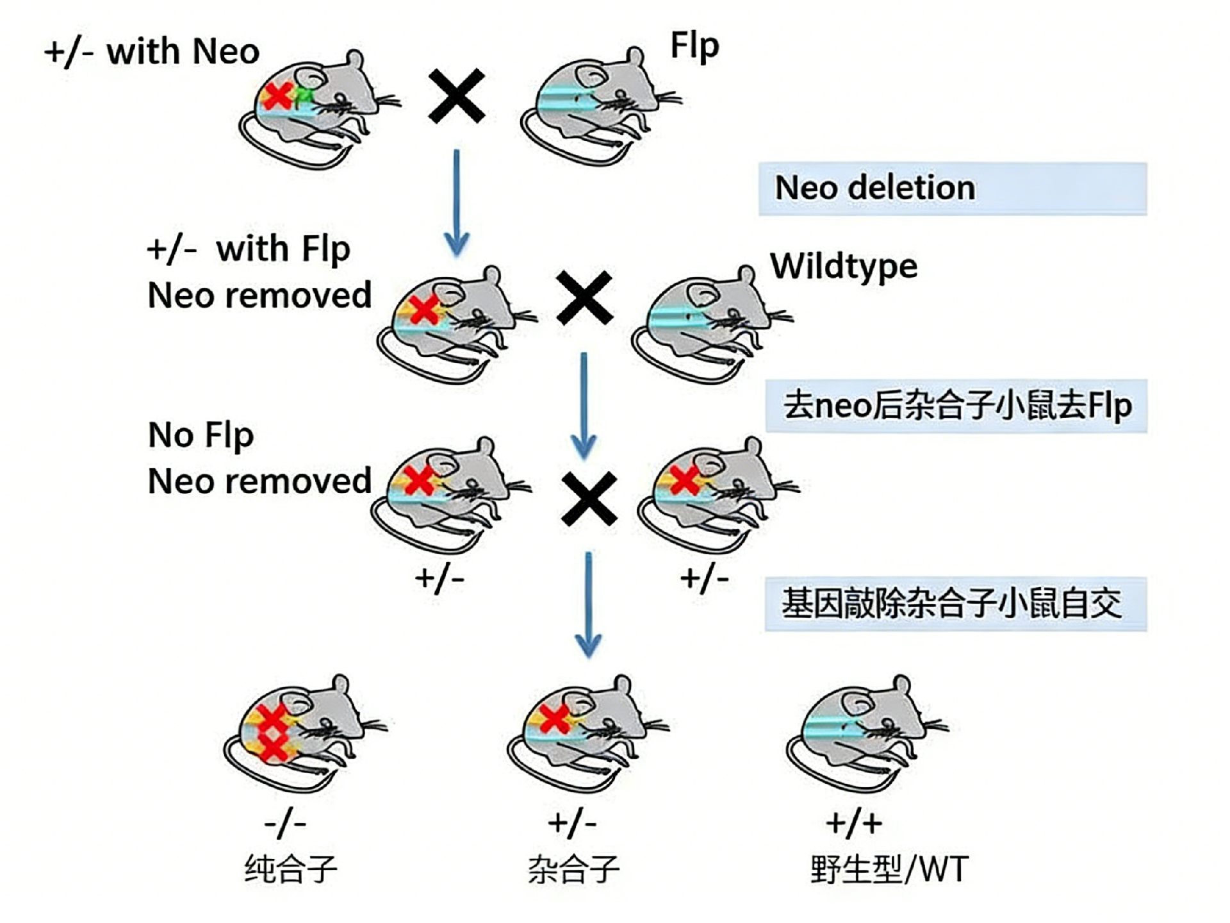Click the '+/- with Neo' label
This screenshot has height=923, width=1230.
point(152,51)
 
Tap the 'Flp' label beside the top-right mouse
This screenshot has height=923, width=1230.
point(694,46)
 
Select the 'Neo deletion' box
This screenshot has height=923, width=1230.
point(952,188)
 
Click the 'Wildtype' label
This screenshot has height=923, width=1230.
point(844,266)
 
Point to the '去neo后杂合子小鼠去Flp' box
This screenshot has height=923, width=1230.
point(956,406)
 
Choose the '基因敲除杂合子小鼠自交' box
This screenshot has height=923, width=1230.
point(955,604)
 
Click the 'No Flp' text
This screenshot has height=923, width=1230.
point(201,435)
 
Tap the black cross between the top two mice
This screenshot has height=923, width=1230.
point(457,96)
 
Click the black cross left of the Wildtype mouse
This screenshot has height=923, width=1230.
point(584,297)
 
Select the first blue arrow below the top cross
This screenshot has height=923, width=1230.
point(457,202)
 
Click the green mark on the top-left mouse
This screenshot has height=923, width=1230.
point(304,97)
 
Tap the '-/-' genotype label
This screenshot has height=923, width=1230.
point(285,823)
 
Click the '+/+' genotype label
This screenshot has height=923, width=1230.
point(854,823)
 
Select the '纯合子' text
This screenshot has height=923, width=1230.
point(290,869)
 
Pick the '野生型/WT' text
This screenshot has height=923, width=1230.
point(889,869)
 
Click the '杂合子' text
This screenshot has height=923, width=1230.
point(573,869)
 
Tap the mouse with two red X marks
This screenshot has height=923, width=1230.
point(301,731)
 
